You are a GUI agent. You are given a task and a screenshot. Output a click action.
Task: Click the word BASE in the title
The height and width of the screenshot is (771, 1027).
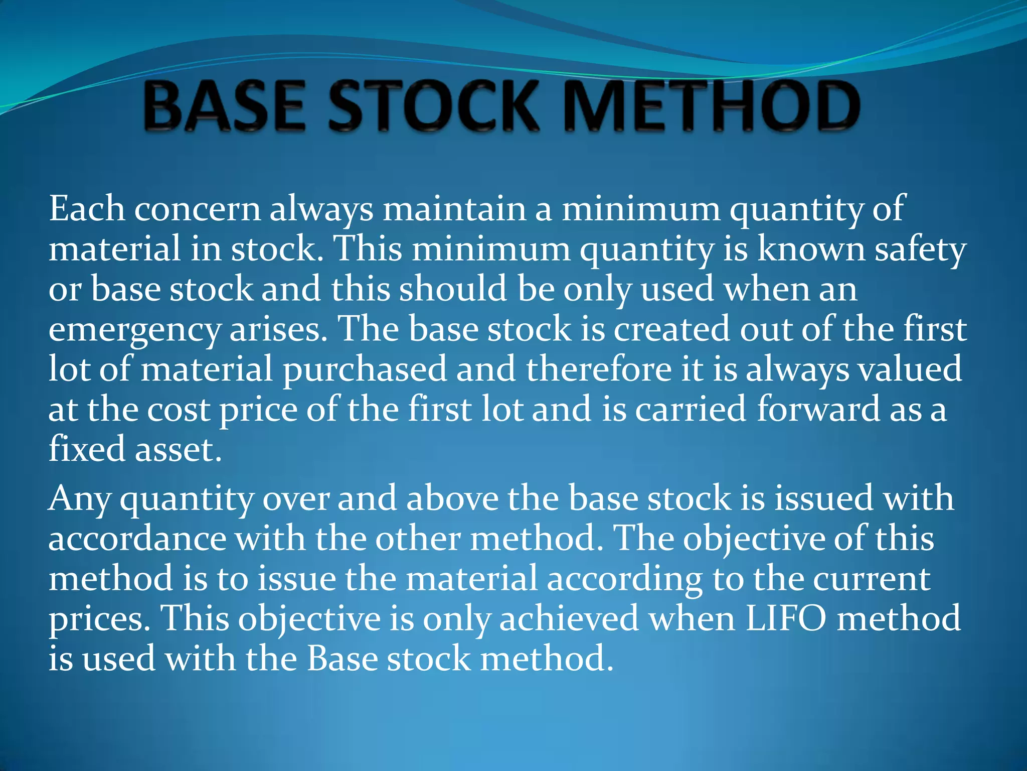point(224,107)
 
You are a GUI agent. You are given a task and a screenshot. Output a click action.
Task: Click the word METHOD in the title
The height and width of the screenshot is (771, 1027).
point(712,107)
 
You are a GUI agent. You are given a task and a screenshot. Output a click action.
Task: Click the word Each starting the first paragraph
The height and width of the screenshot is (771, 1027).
point(87,208)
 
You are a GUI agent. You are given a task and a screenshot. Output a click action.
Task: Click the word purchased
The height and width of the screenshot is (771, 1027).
point(365,369)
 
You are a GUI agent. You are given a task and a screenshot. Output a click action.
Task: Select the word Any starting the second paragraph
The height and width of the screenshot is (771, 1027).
point(79,499)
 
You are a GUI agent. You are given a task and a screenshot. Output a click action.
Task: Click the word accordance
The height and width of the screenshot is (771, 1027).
point(137,539)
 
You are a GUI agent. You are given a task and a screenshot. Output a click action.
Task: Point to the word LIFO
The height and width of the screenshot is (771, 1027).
point(786,618)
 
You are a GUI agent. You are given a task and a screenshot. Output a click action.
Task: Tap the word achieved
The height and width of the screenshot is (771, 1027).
point(569,618)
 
